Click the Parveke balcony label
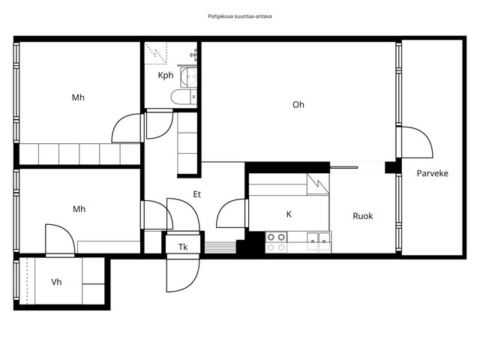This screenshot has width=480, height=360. click(x=432, y=173)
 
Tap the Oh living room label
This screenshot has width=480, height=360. click(x=298, y=105)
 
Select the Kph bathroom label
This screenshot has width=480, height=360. click(x=166, y=75)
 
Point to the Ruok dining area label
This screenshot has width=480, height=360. click(x=363, y=216)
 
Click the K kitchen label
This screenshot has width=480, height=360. click(x=289, y=214)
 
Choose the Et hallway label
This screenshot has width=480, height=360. click(x=196, y=194)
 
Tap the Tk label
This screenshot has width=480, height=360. click(x=183, y=247)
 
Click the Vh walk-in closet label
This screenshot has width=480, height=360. click(x=56, y=282)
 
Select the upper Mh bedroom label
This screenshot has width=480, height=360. click(x=78, y=97)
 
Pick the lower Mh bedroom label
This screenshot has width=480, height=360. click(x=79, y=209)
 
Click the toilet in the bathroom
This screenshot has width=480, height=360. click(x=184, y=97)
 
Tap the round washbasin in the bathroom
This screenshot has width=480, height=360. click(x=188, y=76)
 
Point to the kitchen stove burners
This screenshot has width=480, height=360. click(x=276, y=242)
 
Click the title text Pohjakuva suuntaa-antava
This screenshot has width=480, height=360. click(x=240, y=16)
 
